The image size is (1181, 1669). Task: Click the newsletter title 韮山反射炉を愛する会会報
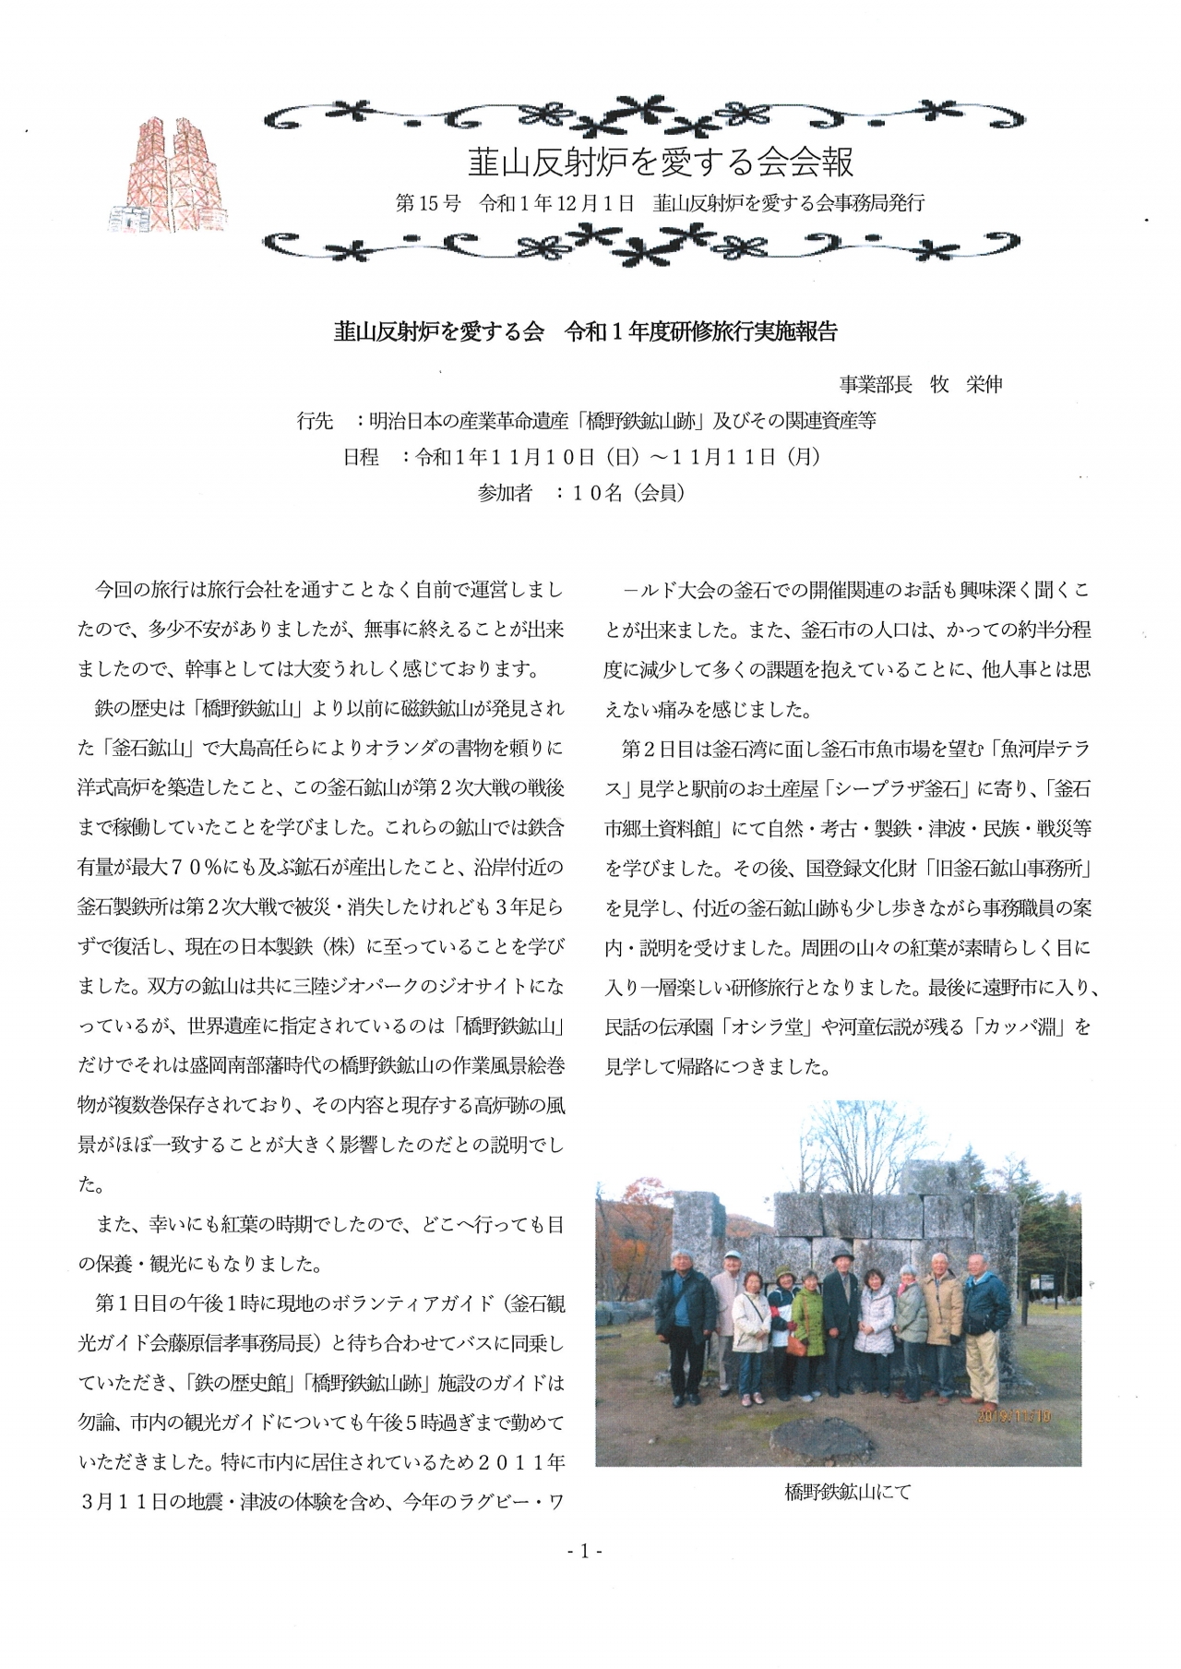[660, 162]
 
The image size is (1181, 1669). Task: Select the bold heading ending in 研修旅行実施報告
[585, 332]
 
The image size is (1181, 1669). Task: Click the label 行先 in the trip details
[315, 422]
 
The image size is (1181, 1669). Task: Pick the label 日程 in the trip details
[361, 457]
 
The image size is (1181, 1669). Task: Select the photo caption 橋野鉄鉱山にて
[847, 1492]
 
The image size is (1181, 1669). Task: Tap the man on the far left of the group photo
[684, 1320]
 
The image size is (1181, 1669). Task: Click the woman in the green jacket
[808, 1329]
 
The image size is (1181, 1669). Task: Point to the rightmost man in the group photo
[985, 1320]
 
